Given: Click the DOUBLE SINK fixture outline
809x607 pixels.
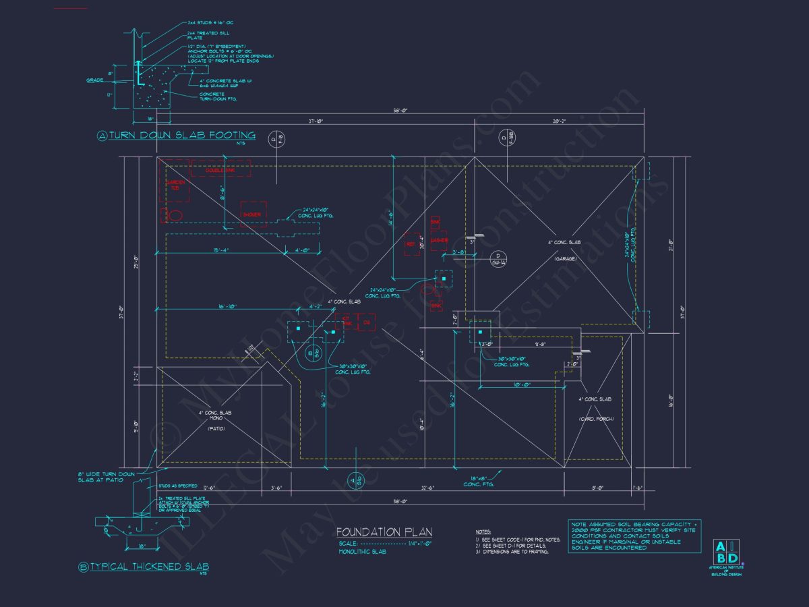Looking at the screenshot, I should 220,169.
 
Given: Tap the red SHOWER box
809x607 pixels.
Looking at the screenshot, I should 253,214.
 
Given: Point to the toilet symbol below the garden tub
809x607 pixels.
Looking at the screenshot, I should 173,215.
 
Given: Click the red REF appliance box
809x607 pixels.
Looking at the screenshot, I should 410,244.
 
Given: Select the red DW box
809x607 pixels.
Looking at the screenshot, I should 367,322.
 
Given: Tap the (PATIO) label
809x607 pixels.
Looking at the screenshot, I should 216,428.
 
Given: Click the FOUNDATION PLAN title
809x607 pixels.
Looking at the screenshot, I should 384,532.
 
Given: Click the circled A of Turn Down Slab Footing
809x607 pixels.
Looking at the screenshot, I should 102,136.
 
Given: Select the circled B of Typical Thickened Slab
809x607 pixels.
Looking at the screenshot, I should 84,567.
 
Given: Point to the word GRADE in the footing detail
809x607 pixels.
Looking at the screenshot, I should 94,80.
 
